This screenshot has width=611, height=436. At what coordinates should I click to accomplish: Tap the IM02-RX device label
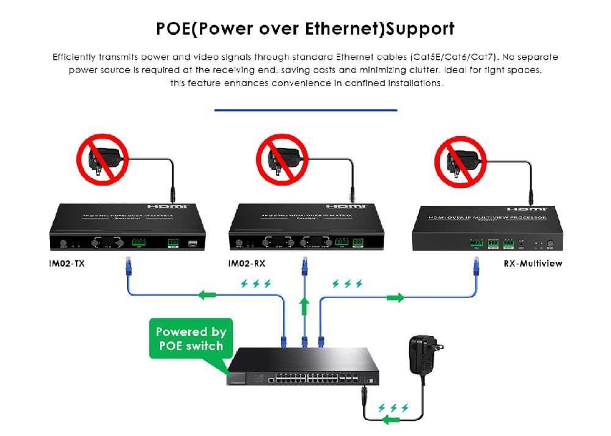tap(247, 264)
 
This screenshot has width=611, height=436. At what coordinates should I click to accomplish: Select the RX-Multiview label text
tap(533, 264)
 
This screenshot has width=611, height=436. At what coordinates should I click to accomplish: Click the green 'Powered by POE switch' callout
tap(191, 339)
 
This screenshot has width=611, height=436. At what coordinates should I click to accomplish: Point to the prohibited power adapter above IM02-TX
tap(101, 160)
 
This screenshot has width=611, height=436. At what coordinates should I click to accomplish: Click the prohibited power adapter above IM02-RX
tap(282, 160)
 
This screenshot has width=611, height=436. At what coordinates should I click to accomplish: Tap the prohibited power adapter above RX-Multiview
tap(461, 160)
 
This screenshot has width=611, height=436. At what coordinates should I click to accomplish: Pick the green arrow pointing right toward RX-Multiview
tap(395, 298)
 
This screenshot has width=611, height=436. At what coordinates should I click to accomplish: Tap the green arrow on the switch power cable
tap(389, 420)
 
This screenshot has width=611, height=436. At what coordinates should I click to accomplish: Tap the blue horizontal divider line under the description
tap(305, 111)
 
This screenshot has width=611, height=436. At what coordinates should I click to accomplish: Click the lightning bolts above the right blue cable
tap(347, 284)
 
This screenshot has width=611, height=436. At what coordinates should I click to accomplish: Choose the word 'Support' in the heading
tap(422, 29)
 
